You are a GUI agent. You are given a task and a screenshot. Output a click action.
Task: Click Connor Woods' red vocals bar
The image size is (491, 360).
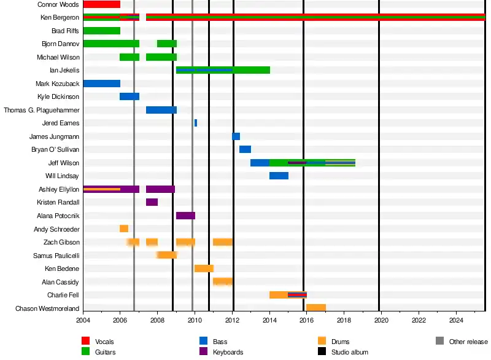pyautogui.click(x=101, y=4)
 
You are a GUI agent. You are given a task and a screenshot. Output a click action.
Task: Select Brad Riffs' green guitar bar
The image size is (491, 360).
pyautogui.click(x=101, y=31)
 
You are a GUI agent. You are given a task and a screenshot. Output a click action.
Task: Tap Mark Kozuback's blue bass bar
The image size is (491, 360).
pyautogui.click(x=101, y=84)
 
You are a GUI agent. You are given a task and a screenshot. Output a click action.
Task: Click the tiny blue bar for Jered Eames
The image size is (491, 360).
pyautogui.click(x=196, y=123)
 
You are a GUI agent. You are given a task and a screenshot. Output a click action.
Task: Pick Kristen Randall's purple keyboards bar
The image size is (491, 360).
pyautogui.click(x=152, y=202)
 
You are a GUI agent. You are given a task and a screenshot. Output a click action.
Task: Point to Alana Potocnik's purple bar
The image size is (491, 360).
pyautogui.click(x=185, y=216)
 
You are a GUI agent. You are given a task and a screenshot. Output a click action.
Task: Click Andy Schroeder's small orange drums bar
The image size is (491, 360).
pyautogui.click(x=124, y=229)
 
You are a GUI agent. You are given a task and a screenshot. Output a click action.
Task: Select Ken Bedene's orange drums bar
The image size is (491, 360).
pyautogui.click(x=204, y=268)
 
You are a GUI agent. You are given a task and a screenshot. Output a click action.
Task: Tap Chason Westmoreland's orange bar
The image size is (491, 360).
pyautogui.click(x=315, y=308)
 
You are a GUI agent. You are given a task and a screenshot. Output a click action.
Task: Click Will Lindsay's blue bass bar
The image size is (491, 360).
pyautogui.click(x=279, y=176)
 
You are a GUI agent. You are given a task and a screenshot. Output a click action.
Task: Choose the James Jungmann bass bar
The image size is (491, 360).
pyautogui.click(x=236, y=136)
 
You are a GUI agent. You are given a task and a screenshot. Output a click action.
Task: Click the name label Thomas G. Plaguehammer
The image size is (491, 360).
pyautogui.click(x=42, y=110)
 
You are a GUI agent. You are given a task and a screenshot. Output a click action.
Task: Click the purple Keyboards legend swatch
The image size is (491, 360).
pyautogui.click(x=204, y=352)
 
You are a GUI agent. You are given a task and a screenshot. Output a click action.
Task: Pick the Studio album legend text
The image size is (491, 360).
pyautogui.click(x=350, y=352)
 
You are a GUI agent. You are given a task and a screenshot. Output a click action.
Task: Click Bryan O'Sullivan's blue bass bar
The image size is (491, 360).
pyautogui.click(x=245, y=149)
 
